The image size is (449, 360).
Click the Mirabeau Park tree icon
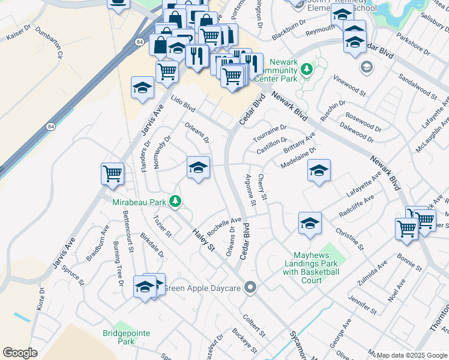tap(175, 202)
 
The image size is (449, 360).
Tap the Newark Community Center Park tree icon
tap(307, 69)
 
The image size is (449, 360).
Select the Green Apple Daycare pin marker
tap(250, 288)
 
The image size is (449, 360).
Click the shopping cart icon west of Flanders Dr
tap(112, 174)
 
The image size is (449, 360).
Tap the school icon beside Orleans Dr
tap(198, 167)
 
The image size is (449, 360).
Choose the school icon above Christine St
tap(310, 223)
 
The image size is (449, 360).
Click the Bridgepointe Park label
tap(118, 337)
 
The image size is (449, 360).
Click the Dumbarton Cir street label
tap(49, 43)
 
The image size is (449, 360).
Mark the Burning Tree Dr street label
tap(118, 264)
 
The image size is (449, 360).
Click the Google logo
tap(20, 353)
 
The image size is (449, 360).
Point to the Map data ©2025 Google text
tap(412, 355)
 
